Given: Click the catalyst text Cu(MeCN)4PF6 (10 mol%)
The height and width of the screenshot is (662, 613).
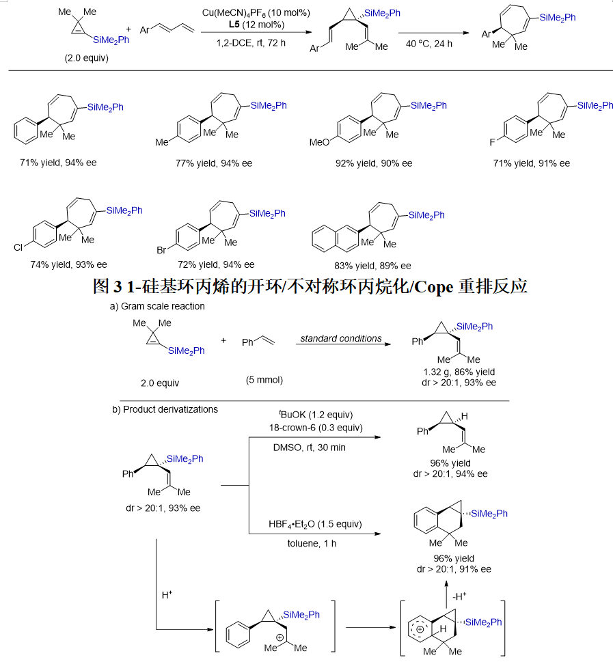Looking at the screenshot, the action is point(256,13).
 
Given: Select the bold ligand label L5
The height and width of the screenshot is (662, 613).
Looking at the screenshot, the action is point(234,25).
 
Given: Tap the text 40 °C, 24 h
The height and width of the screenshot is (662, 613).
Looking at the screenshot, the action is point(428,44).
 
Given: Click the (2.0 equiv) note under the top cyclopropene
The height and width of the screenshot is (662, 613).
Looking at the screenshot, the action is point(87,58).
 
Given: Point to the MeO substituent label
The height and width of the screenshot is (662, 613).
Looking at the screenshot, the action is point(319,142).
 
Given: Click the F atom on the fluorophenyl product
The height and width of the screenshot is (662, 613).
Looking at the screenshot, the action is point(492,142).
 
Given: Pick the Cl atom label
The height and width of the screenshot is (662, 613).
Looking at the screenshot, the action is point(18,247).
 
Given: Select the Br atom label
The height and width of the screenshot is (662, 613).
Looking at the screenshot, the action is point(161,250).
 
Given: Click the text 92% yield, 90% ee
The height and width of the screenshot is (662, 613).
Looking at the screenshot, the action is point(374,163).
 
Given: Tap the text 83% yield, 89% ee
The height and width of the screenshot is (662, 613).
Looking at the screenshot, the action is point(372,266).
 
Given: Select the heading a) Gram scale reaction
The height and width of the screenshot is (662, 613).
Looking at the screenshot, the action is point(157,306).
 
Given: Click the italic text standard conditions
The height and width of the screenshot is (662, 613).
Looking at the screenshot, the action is point(341,338).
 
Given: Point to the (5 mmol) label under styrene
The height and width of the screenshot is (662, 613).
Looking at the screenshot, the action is point(264,380).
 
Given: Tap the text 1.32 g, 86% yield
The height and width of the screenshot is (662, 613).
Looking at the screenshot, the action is point(459,372).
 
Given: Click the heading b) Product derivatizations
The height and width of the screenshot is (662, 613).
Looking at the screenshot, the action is point(165,409).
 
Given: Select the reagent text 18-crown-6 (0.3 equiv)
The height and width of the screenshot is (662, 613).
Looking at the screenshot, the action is point(316,428).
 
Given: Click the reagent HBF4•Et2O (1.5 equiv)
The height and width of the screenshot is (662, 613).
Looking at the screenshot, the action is point(315,525).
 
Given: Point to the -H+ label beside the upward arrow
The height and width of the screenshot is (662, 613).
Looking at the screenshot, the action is point(460,596).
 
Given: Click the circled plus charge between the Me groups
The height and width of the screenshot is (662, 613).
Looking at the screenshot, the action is point(280,637).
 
